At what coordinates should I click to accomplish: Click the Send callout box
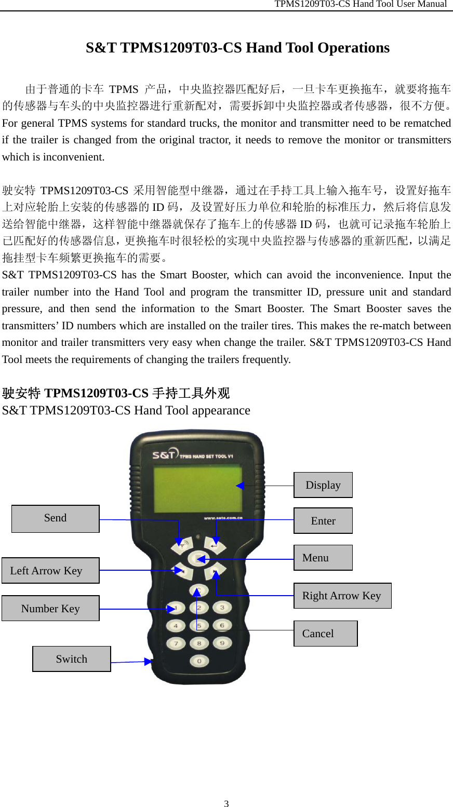56,518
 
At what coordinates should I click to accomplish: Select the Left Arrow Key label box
50,570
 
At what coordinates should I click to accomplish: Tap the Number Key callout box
50,608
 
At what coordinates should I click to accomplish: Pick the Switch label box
72,658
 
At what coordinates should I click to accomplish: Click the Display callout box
323,485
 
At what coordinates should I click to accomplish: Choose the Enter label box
323,520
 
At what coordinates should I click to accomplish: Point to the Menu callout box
323,558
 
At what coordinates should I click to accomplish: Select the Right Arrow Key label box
342,596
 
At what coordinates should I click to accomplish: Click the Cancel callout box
326,634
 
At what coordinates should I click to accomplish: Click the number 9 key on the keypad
222,643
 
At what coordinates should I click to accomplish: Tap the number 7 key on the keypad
176,643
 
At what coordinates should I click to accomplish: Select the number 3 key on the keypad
222,607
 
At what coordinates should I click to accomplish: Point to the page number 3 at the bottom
226,803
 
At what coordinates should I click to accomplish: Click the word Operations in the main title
353,48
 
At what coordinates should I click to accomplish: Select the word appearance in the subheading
221,410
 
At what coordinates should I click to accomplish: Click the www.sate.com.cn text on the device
223,518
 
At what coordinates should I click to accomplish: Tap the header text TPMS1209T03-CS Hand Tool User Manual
361,4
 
